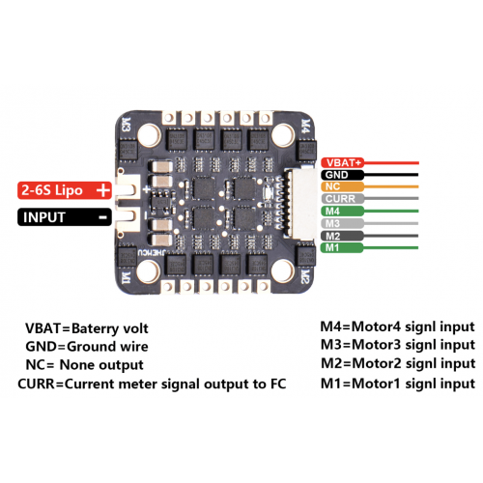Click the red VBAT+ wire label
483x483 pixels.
click(342, 162)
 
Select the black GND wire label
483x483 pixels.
click(342, 175)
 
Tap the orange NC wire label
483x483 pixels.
click(342, 186)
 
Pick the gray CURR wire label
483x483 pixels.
click(342, 199)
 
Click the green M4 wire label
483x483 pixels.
click(342, 212)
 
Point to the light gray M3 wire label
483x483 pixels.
click(342, 223)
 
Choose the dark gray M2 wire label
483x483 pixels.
click(342, 236)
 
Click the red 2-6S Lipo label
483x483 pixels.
click(65, 190)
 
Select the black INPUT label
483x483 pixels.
click(65, 217)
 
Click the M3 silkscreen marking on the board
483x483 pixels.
click(127, 125)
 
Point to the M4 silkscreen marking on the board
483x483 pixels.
click(305, 126)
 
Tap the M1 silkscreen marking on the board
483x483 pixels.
click(126, 277)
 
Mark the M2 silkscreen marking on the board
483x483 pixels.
click(304, 277)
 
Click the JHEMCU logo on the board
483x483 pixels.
click(153, 253)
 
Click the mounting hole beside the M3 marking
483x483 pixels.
click(150, 134)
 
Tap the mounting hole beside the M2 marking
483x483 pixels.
click(283, 270)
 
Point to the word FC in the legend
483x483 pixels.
click(278, 384)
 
